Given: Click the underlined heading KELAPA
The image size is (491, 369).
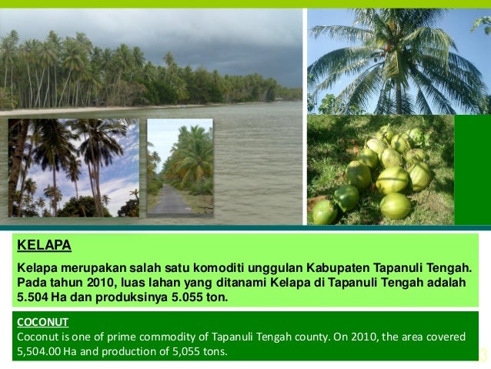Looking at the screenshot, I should (44, 246).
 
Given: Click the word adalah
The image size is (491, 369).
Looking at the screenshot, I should (446, 281).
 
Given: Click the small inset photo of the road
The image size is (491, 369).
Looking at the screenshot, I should (179, 166).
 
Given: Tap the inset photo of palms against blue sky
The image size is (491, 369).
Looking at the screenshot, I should (74, 167).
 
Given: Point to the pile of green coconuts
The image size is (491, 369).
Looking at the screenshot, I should (381, 173).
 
